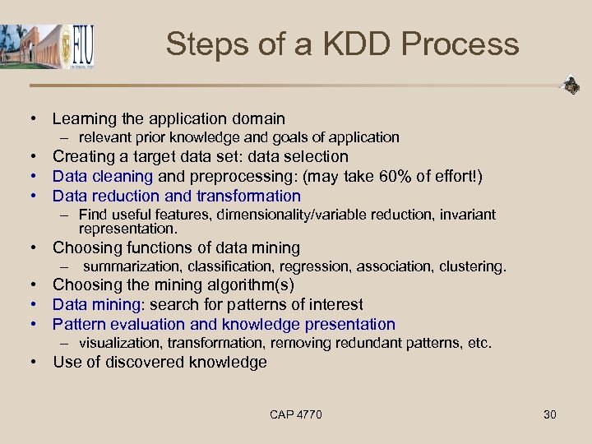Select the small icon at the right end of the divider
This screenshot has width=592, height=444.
coord(570,85)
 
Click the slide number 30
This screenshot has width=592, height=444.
coord(550,414)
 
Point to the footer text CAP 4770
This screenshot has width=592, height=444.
coord(295,414)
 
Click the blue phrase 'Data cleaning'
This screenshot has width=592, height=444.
coord(102,176)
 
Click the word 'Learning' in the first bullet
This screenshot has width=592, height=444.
coord(86,119)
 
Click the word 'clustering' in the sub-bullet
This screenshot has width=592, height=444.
coord(474,266)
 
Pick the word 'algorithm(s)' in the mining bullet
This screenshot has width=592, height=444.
coord(252,285)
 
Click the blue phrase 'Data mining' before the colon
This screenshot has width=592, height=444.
coord(95,305)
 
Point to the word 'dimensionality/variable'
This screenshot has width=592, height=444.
coord(295,215)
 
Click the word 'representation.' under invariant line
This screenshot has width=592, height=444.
coord(128,229)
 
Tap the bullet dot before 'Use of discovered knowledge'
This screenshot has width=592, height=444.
coord(36,363)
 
